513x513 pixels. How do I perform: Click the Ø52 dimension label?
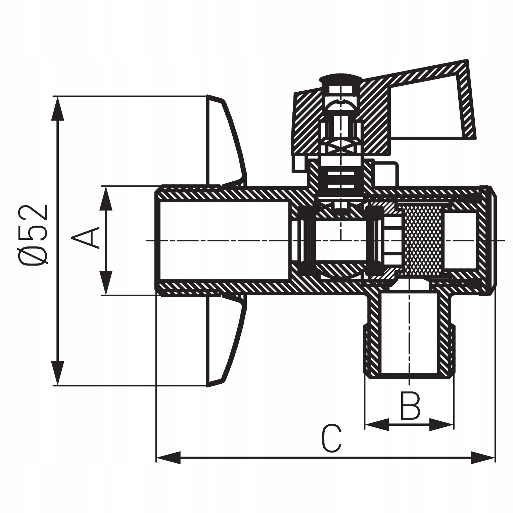click(x=34, y=235)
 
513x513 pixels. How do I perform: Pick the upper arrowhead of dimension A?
click(x=106, y=198)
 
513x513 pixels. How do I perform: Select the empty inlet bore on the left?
click(x=223, y=240)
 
